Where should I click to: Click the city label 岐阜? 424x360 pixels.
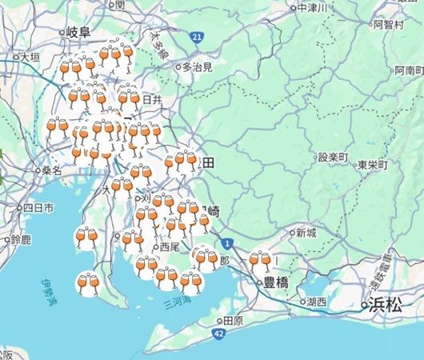pyautogui.click(x=79, y=32)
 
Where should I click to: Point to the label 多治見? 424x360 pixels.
pyautogui.click(x=197, y=67)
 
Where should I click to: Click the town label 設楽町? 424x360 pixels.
pyautogui.click(x=334, y=158)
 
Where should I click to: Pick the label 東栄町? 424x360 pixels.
pyautogui.click(x=373, y=164)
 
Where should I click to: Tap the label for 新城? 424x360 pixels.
pyautogui.click(x=306, y=234)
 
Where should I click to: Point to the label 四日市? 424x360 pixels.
pyautogui.click(x=38, y=208)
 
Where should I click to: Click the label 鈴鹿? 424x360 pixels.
pyautogui.click(x=21, y=240)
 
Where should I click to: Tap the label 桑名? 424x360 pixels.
pyautogui.click(x=52, y=170)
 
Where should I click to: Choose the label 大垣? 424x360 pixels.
pyautogui.click(x=30, y=58)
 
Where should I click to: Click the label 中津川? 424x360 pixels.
pyautogui.click(x=312, y=8)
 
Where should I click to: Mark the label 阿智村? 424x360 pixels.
pyautogui.click(x=388, y=25)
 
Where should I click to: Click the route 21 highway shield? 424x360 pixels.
pyautogui.click(x=197, y=37)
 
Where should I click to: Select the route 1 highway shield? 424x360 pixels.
pyautogui.click(x=229, y=242)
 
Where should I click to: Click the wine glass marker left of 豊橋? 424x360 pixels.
pyautogui.click(x=260, y=261)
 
